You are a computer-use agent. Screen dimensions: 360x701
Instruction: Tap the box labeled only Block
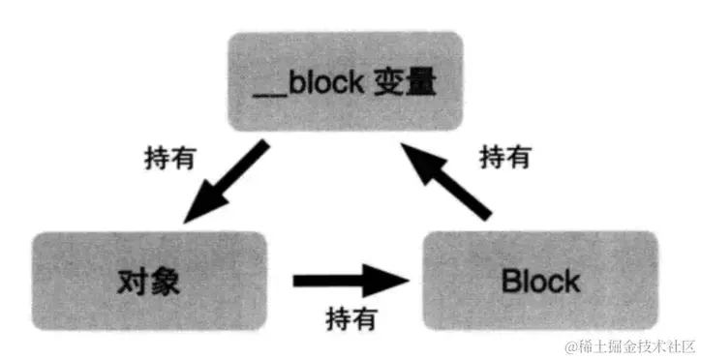tap(539, 281)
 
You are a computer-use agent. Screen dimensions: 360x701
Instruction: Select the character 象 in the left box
tap(166, 280)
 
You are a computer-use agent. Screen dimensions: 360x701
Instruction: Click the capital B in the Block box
tap(510, 282)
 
